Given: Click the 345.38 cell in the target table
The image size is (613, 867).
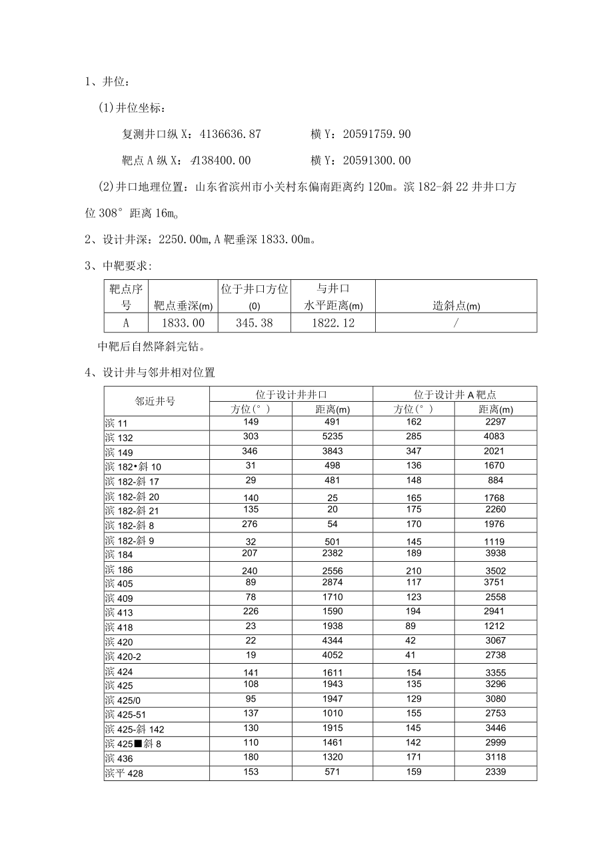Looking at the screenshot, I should tap(254, 323).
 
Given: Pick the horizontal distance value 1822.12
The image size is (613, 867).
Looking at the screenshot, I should tap(333, 323).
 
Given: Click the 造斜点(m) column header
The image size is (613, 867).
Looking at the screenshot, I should tap(456, 306).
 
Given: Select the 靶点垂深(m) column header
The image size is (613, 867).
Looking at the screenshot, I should tap(183, 306).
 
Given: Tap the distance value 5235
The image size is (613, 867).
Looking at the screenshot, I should tap(332, 436).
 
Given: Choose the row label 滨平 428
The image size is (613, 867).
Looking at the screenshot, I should tap(124, 774).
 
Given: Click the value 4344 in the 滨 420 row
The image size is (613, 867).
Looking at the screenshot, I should tap(332, 640).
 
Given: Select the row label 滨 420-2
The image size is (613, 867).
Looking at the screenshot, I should tap(123, 657).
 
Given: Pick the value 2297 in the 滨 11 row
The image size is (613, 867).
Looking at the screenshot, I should tap(495, 422).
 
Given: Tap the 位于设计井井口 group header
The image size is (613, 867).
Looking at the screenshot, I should tap(291, 394).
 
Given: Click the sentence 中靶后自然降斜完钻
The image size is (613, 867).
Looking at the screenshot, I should tap(152, 347).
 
